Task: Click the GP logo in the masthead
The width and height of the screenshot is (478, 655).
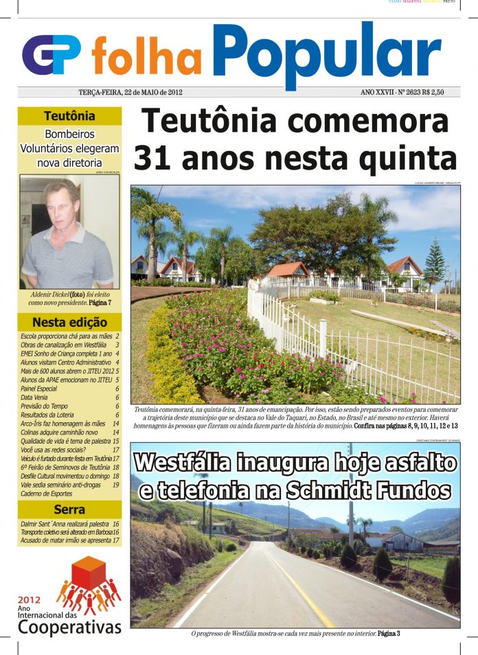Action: [52, 55]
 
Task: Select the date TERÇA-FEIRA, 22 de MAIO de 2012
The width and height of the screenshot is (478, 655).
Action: [130, 92]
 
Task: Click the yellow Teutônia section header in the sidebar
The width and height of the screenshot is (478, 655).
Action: [69, 116]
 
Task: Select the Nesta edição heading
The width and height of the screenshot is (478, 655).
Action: [69, 322]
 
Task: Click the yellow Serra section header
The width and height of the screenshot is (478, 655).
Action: [69, 510]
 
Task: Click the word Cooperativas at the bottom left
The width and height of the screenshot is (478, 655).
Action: [69, 626]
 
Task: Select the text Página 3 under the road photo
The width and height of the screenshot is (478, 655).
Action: [389, 633]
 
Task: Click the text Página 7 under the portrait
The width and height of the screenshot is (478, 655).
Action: [100, 302]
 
